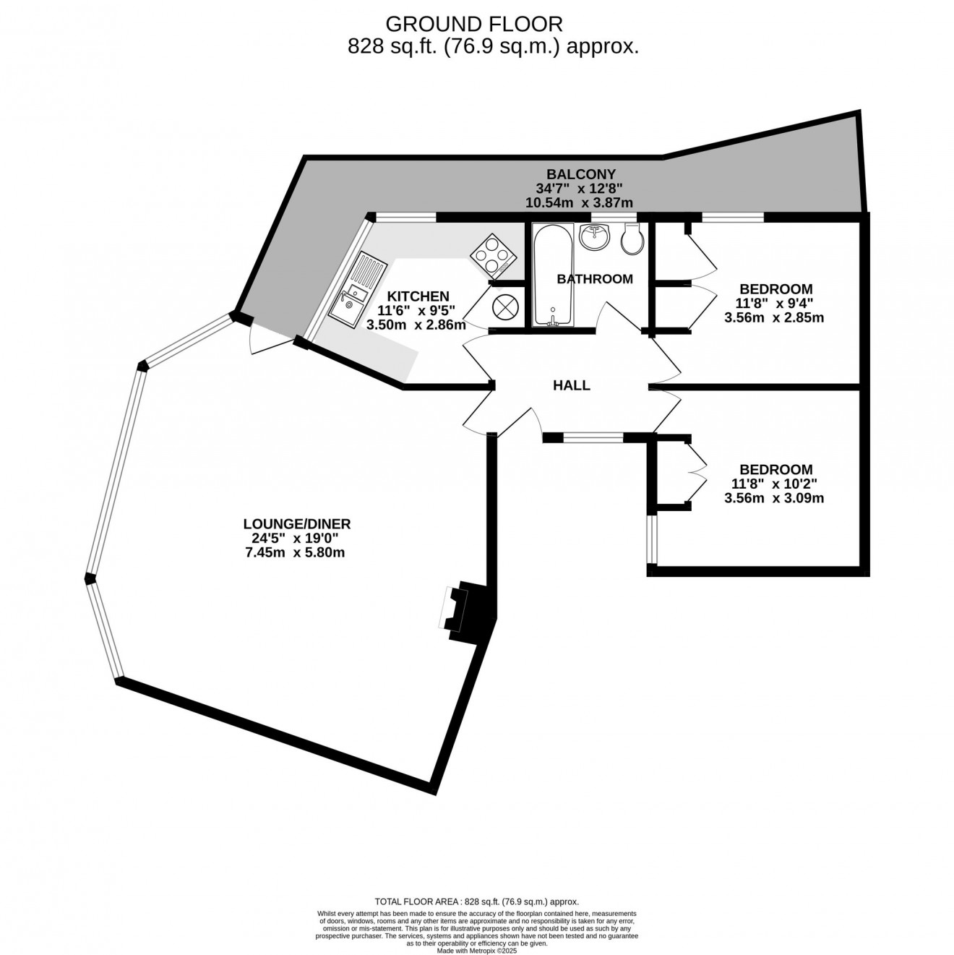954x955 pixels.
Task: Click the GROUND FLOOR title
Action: click(x=473, y=24)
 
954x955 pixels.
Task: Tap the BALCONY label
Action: click(x=581, y=174)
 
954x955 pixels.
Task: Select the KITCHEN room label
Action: click(x=418, y=296)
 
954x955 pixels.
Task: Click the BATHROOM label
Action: click(x=595, y=279)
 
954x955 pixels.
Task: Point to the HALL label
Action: click(x=571, y=385)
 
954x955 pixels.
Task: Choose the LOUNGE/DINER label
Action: click(x=296, y=524)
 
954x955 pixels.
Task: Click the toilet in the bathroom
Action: click(x=632, y=238)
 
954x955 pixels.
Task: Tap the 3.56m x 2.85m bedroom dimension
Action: click(x=773, y=317)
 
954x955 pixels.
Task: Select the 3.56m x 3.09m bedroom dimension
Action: click(x=773, y=498)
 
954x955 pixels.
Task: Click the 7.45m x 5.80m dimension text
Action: click(x=296, y=553)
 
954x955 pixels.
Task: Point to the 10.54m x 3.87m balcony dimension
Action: click(x=580, y=203)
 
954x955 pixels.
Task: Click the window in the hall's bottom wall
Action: click(x=593, y=437)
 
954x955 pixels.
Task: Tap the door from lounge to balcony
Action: click(x=267, y=338)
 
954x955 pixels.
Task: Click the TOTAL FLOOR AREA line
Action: click(x=477, y=902)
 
